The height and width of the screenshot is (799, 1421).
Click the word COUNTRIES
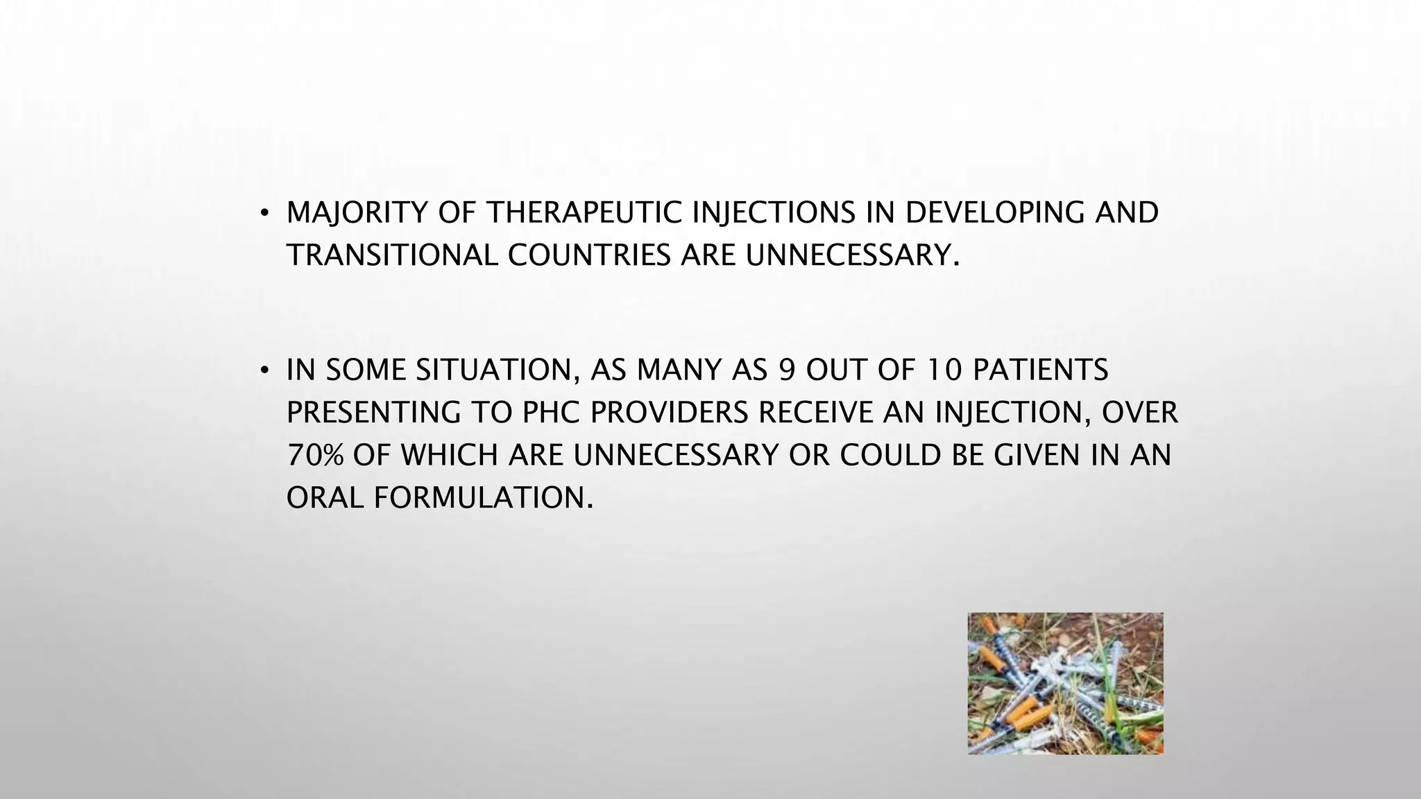coord(588,255)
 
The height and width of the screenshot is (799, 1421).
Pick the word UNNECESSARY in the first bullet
coord(853,255)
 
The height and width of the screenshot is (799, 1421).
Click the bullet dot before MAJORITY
coord(264,214)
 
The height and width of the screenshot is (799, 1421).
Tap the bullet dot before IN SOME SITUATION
coord(264,372)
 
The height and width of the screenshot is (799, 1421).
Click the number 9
coord(787,370)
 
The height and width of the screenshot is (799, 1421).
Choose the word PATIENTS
coord(1040,370)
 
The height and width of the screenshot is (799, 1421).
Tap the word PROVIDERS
coord(669,413)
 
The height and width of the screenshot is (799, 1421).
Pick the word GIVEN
coord(1037,456)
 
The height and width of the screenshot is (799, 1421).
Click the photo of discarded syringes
coord(1065,683)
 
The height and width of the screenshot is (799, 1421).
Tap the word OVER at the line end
coord(1140,413)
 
